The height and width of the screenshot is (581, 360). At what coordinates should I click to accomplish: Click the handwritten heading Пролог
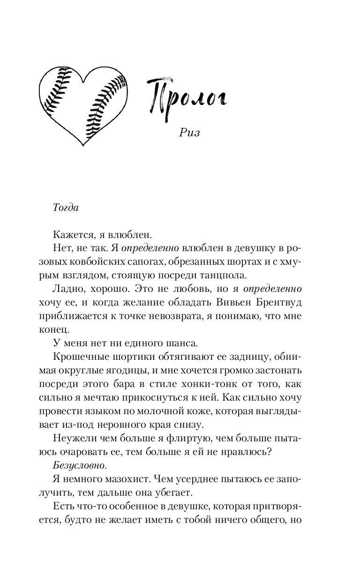point(186,96)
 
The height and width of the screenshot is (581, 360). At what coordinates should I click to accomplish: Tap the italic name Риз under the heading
point(189,132)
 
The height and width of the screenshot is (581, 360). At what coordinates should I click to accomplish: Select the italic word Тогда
point(66,208)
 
